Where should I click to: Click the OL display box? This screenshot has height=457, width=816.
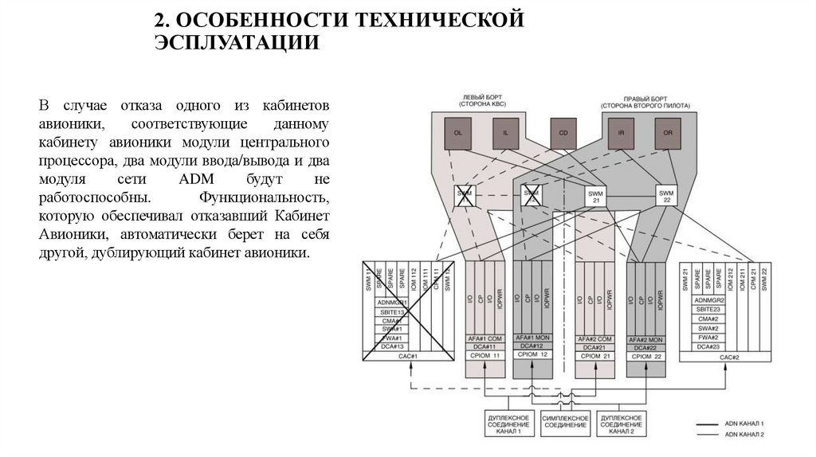(x=457, y=133)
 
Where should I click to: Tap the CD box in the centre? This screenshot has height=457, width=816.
(x=563, y=133)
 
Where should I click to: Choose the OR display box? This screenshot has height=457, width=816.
(x=668, y=133)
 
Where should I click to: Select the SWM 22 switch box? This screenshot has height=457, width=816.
(x=667, y=195)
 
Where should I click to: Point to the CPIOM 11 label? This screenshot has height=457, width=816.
(x=484, y=356)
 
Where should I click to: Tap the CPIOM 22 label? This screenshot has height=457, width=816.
(x=647, y=356)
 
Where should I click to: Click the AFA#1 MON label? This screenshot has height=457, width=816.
(x=535, y=338)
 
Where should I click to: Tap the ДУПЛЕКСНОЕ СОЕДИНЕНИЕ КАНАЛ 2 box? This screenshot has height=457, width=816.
(x=618, y=424)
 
